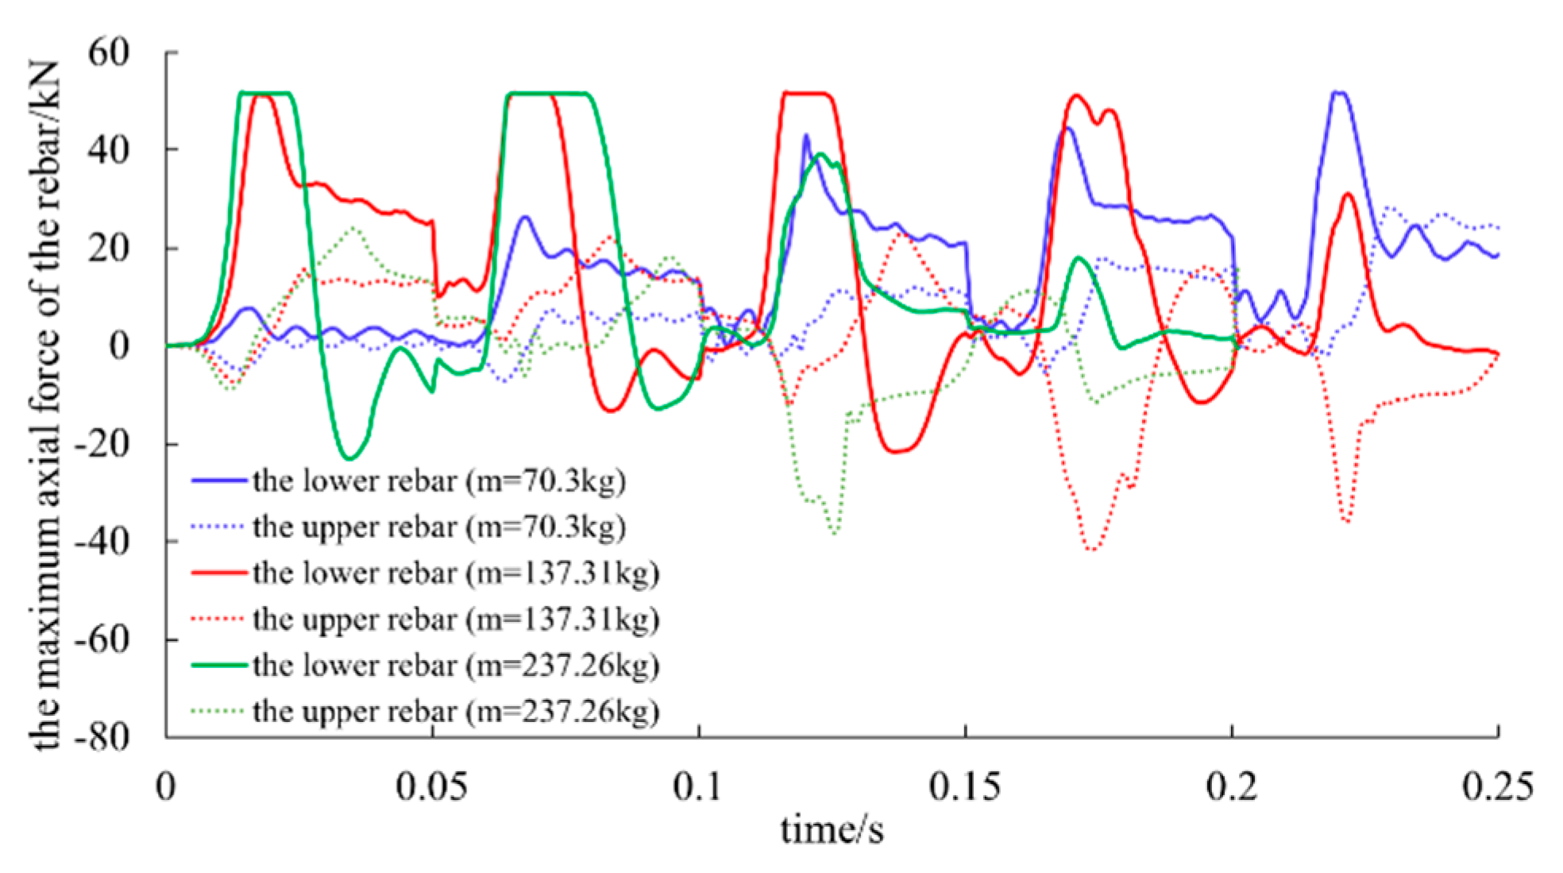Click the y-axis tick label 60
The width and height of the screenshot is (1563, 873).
tap(108, 53)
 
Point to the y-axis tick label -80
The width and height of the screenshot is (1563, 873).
tap(102, 737)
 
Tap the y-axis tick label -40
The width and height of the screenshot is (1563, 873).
tap(102, 542)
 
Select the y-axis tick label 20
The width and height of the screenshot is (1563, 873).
tap(108, 249)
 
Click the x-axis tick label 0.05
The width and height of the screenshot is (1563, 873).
tap(431, 786)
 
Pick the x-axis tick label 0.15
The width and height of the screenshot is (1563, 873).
tap(965, 786)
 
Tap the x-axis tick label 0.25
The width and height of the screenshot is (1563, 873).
tap(1497, 786)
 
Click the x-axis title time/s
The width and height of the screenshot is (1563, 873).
tap(831, 830)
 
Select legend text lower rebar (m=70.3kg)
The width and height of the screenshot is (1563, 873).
tap(439, 481)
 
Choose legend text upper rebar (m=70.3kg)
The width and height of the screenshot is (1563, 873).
tap(439, 527)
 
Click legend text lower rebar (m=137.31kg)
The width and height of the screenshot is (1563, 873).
tap(456, 574)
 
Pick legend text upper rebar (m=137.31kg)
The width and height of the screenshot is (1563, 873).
tap(456, 620)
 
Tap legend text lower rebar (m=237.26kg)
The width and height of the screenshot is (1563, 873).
tap(456, 666)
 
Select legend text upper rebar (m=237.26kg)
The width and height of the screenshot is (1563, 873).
tap(456, 712)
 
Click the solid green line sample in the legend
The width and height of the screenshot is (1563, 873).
tap(218, 665)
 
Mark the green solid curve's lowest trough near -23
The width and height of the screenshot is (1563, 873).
tap(349, 458)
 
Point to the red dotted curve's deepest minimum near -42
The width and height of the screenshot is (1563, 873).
tap(1093, 550)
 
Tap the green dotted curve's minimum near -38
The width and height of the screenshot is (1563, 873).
tap(834, 533)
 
